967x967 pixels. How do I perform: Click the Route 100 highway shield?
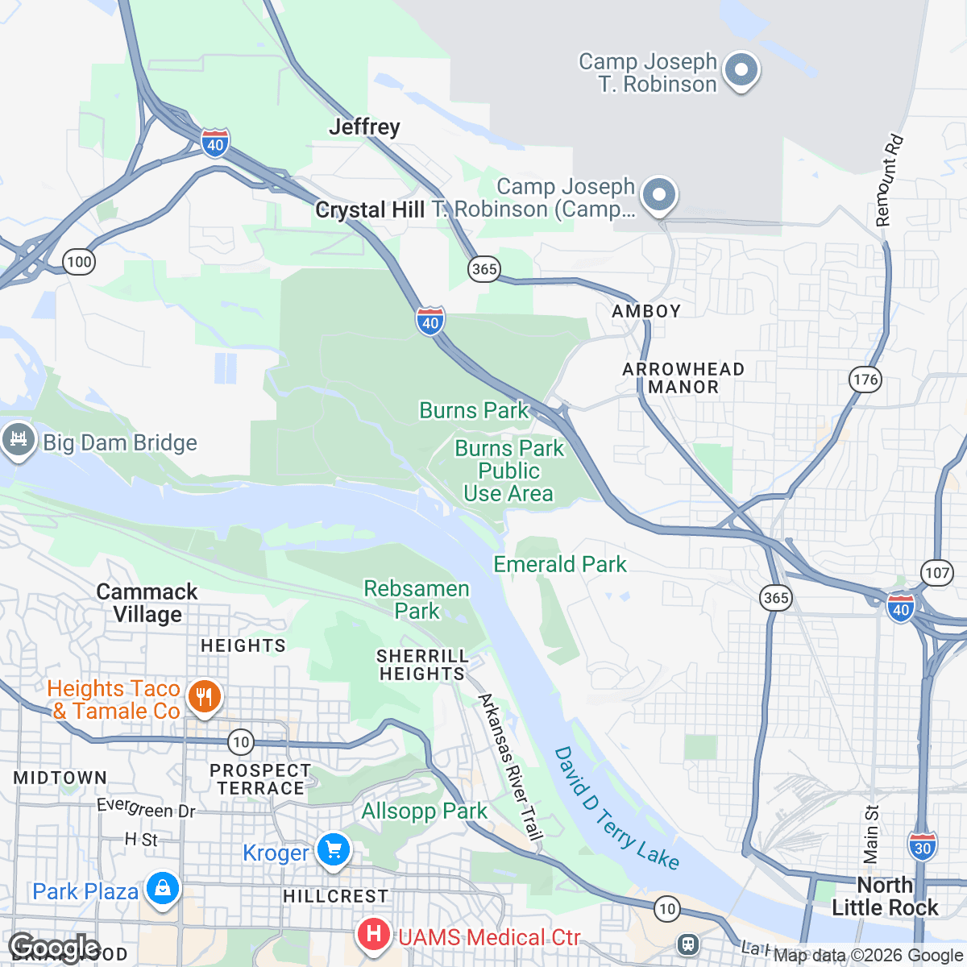79,262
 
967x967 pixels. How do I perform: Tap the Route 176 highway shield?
865,380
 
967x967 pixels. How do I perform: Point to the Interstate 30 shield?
923,846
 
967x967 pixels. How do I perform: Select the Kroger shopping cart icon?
332,849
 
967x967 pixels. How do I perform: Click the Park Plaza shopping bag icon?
163,889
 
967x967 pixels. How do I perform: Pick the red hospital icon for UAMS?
373,935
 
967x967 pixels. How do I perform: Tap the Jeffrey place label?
364,127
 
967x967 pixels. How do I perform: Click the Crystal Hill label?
370,210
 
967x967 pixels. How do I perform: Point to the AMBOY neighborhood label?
646,311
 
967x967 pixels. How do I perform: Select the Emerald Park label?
559,564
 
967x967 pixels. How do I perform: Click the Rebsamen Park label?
417,600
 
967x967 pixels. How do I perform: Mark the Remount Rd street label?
890,181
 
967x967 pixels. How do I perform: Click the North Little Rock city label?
884,896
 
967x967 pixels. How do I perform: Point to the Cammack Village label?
147,603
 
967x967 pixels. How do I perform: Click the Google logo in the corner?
54,948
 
